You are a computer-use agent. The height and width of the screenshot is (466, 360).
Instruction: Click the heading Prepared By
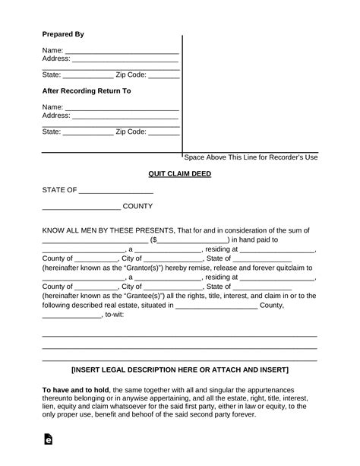click(62, 34)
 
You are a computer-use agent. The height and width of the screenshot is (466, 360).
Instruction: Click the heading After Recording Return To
click(86, 90)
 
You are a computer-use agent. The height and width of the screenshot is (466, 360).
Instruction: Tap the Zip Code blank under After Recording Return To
click(164, 132)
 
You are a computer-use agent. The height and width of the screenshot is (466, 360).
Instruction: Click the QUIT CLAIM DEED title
click(179, 173)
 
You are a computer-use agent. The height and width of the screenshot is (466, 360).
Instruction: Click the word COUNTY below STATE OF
click(139, 206)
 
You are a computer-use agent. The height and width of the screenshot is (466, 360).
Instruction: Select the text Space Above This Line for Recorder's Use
click(251, 157)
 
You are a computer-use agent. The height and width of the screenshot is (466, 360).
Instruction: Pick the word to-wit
click(116, 315)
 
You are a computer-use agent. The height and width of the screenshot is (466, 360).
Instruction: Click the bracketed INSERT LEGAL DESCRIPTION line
click(179, 370)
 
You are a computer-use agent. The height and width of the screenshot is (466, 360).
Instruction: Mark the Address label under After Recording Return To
click(56, 116)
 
